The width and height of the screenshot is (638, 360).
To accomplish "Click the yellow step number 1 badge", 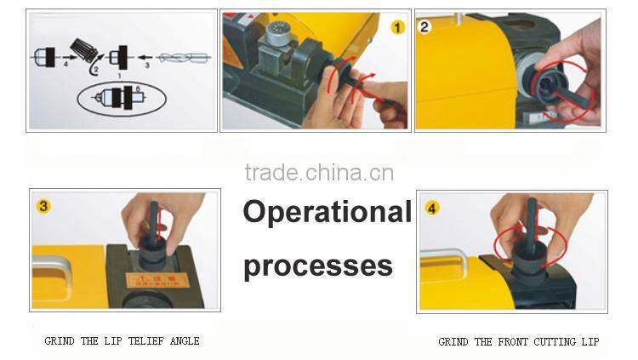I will coord(397,28).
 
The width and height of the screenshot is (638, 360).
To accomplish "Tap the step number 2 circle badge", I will coord(425,26).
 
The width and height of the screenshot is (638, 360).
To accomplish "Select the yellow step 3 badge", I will coord(42,205).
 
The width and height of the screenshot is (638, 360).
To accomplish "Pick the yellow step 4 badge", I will coord(432,208).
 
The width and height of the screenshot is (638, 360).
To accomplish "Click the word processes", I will coord(317,266).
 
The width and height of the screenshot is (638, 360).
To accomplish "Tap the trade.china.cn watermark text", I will coord(318,173).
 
